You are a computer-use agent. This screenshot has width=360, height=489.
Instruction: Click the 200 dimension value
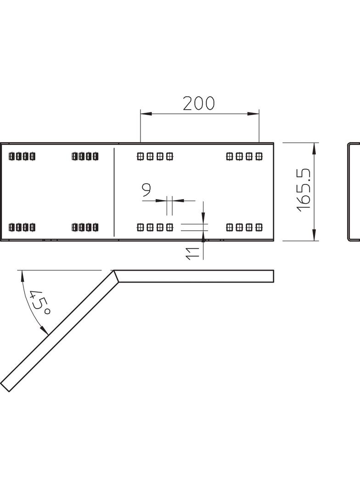click(x=198, y=104)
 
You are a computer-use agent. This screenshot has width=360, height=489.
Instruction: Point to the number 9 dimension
click(x=146, y=189)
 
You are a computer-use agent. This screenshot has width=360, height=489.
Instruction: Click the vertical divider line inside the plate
click(x=114, y=192)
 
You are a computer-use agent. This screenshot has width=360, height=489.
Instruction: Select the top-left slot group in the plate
click(x=22, y=156)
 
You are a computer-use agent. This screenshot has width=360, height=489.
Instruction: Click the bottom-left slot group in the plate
click(x=22, y=227)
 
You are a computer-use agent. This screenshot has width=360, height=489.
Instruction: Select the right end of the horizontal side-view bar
click(x=273, y=276)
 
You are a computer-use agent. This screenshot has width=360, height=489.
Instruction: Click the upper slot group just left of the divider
click(x=85, y=156)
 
